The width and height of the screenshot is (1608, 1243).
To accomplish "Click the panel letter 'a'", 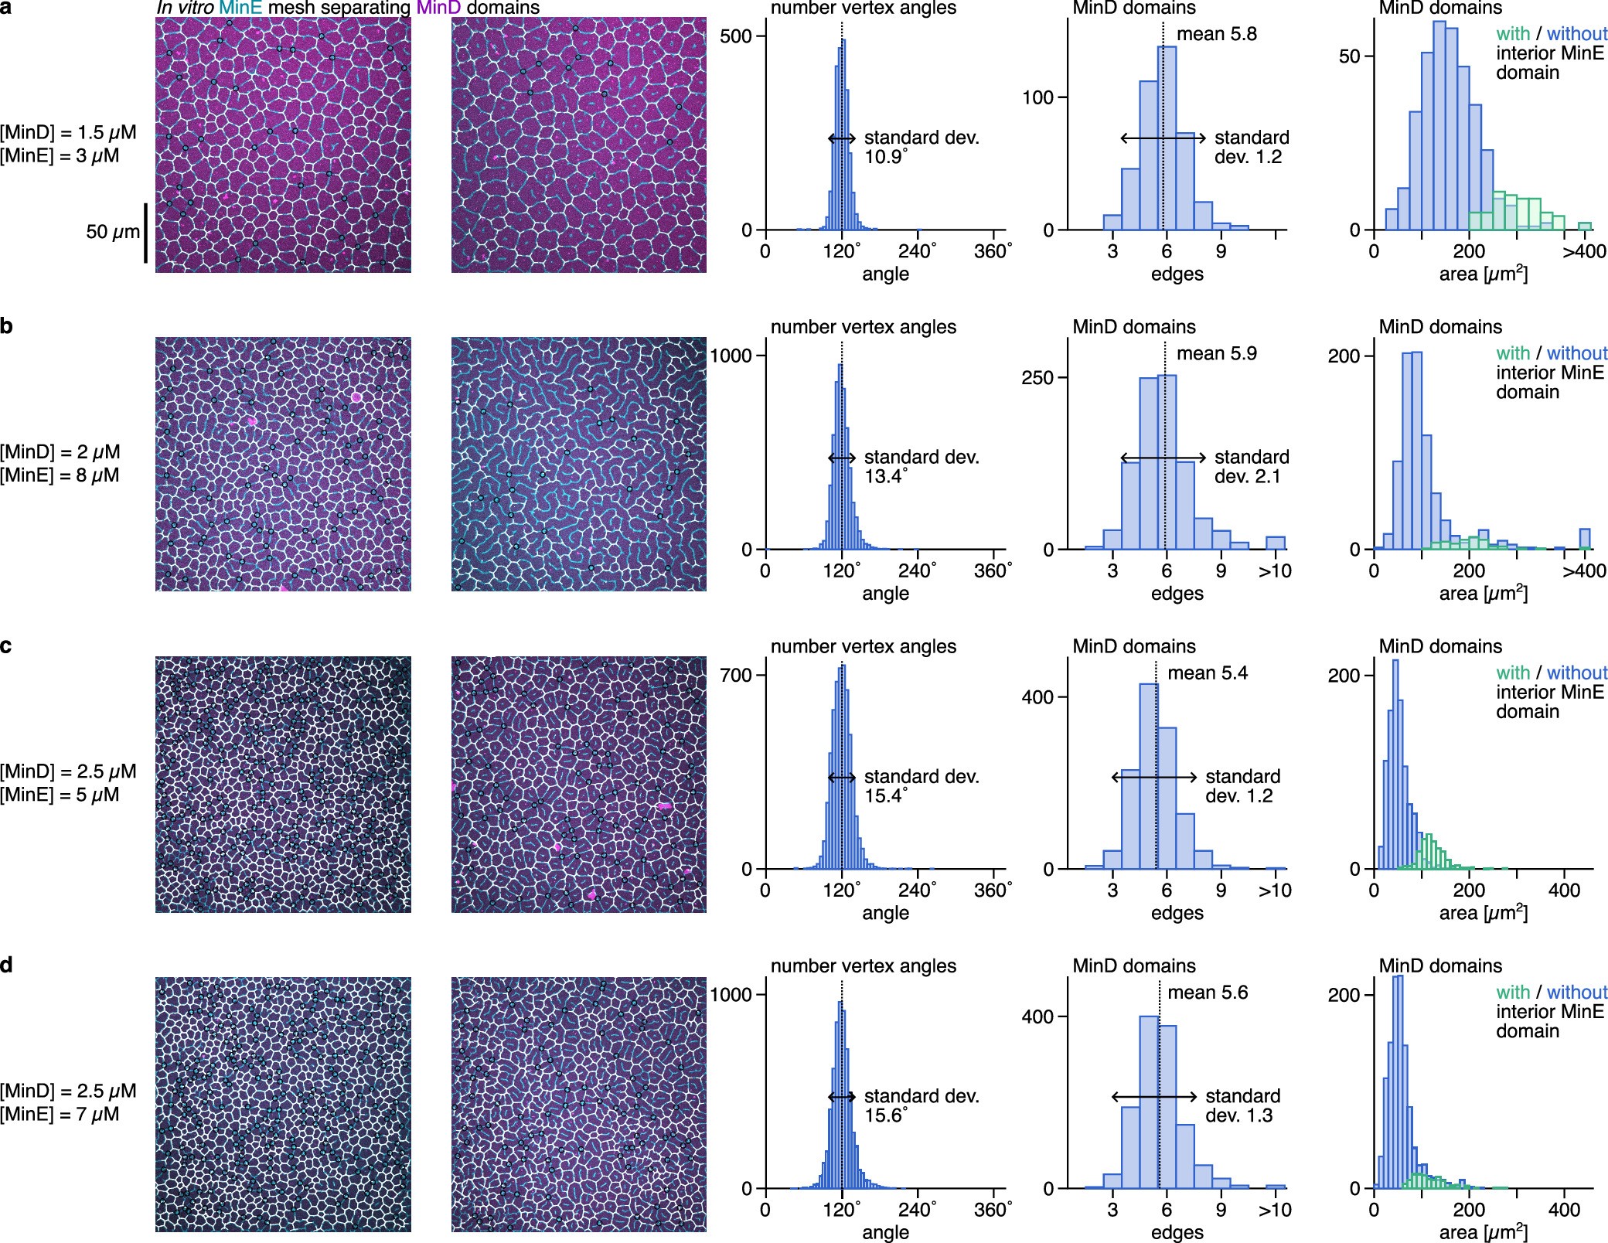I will point(6,8).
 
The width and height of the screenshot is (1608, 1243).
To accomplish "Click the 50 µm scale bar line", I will point(146,233).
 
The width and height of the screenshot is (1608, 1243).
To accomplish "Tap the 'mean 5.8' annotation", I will point(1216,34).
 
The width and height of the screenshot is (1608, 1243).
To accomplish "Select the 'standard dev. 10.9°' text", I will point(921,147).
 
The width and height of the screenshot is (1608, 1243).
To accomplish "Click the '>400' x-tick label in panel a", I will point(1583,251).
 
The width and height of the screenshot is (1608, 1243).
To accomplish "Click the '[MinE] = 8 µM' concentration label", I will point(60,475).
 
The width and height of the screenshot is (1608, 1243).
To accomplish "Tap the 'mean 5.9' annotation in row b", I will point(1216,353).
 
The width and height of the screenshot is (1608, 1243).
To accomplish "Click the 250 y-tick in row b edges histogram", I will point(1038,378).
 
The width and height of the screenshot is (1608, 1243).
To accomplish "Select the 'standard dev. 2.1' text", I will point(1251,467).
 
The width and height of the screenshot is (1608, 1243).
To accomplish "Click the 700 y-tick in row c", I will point(736,675).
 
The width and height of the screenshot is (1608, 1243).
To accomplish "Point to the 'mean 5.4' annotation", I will point(1207,673).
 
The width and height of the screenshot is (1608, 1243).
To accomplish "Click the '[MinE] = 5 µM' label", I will point(60,795).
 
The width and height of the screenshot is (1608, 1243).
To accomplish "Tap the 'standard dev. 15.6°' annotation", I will point(921,1105).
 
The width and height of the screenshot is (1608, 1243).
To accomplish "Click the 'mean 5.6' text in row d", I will point(1207,993).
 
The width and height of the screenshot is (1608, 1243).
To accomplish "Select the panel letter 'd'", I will point(6,965).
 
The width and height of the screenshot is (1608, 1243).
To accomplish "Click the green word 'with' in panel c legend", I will point(1512,673).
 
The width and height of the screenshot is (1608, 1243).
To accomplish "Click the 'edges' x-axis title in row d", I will point(1177,1232).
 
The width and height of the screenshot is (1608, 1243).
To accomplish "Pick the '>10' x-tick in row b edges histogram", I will point(1274,571).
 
